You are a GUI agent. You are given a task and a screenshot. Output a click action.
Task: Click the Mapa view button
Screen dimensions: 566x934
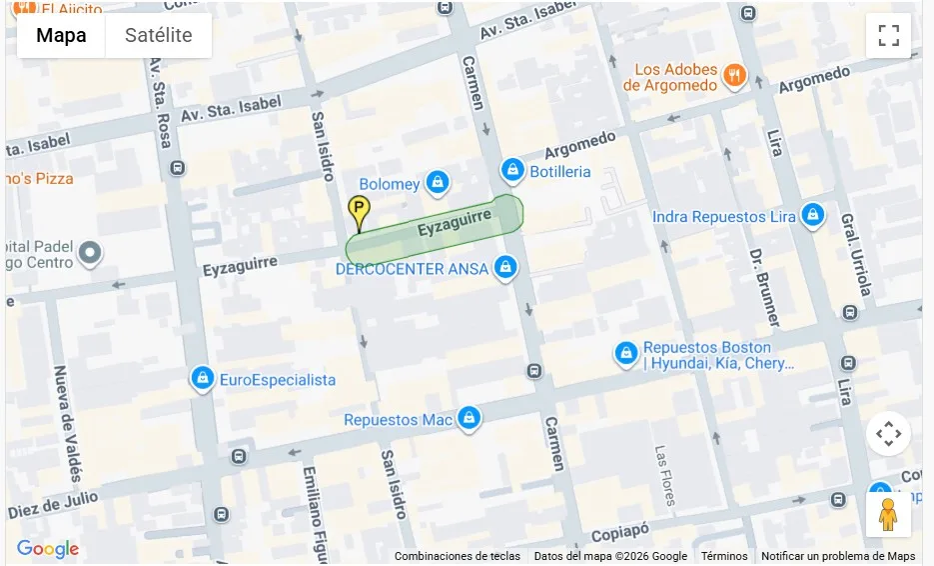tap(61, 35)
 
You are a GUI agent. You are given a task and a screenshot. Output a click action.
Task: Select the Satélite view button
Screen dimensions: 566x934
tap(158, 35)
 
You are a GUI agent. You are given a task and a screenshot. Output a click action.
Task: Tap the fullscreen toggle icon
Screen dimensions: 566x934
tap(888, 35)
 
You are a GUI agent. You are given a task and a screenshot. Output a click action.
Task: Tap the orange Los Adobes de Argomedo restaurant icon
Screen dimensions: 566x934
tap(735, 76)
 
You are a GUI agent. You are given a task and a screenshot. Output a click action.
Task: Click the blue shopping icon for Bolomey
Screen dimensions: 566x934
tap(437, 183)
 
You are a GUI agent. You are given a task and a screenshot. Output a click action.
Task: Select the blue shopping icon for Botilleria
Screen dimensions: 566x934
tap(512, 171)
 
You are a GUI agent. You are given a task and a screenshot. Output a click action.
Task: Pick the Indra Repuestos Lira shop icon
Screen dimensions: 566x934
tap(813, 216)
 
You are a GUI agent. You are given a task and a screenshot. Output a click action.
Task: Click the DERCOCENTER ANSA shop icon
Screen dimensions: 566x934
tap(506, 268)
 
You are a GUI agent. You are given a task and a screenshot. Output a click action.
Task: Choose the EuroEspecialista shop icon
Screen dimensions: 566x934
tap(203, 379)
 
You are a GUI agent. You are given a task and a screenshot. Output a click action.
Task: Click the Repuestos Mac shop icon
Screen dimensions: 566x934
tap(468, 419)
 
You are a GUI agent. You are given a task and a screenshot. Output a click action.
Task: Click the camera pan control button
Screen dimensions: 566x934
tap(888, 434)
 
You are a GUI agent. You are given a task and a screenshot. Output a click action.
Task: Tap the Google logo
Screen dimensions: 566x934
tap(47, 549)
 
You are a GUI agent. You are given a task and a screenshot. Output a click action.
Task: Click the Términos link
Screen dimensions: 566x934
tap(724, 557)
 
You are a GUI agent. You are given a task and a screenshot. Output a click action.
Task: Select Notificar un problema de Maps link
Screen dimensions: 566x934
tap(838, 557)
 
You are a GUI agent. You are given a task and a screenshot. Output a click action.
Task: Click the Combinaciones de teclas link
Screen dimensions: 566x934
tap(457, 557)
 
